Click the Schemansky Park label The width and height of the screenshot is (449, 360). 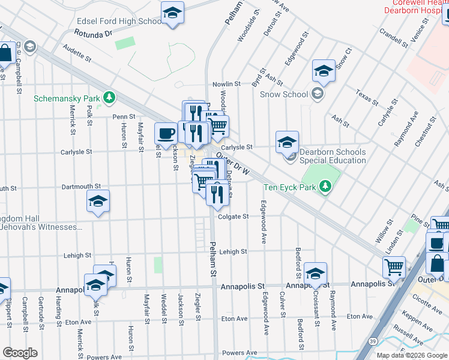66,98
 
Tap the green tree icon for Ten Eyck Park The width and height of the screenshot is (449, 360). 325,187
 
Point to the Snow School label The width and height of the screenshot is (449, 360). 284,94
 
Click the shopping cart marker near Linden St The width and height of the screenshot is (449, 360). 394,267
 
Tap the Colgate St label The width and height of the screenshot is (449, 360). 234,217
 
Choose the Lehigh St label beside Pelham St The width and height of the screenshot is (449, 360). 233,252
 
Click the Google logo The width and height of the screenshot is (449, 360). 20,352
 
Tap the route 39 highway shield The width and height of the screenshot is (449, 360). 373,341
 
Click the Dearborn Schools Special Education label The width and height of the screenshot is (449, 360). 333,156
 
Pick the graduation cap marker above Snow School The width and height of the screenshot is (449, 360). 324,71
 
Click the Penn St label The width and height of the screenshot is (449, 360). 121,116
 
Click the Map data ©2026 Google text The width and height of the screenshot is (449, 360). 411,355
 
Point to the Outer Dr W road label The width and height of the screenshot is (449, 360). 233,163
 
